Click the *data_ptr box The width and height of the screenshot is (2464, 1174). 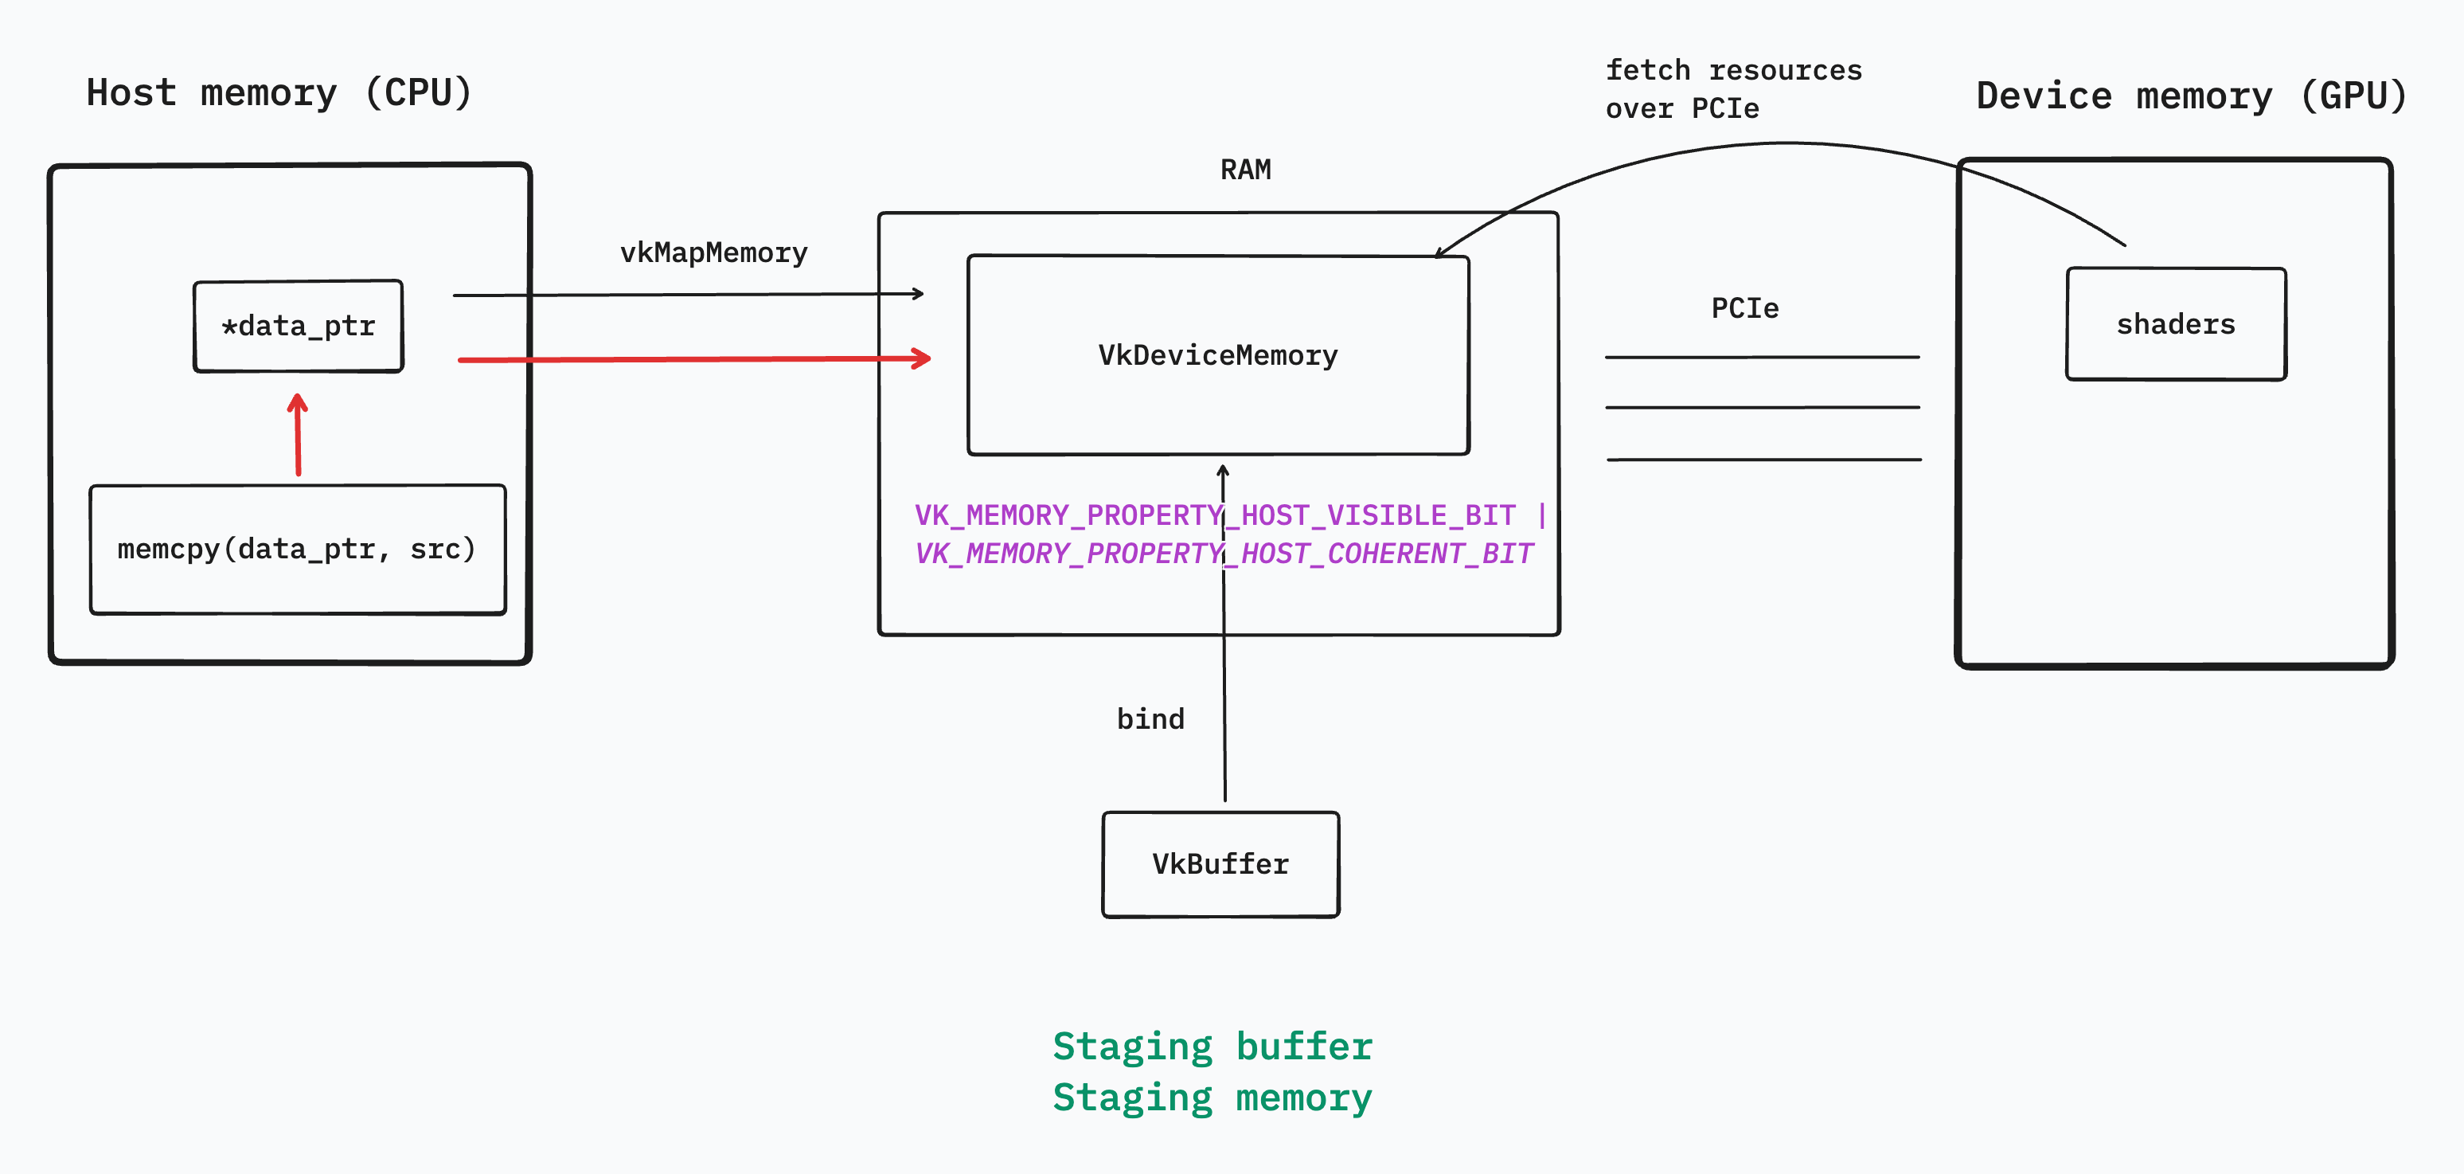coord(299,327)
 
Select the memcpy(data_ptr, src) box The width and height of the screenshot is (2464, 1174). coord(298,550)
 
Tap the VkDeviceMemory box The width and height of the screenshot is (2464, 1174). coord(1217,355)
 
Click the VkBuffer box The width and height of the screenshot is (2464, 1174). coord(1220,864)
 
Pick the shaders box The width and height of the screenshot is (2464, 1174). coord(2176,324)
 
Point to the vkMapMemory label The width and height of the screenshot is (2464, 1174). coord(713,252)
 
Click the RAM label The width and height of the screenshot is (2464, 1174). coord(1245,170)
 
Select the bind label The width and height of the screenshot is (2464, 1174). coord(1150,718)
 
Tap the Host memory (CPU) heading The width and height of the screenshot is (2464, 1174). coord(279,93)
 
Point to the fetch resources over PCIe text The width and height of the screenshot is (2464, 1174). coord(1733,89)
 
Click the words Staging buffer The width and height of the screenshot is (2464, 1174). coord(1212,1046)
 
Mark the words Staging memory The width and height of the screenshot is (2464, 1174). coord(1212,1098)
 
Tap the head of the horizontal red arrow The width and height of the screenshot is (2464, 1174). coord(923,358)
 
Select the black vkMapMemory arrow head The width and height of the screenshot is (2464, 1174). coord(918,294)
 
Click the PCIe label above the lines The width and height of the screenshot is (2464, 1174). coord(1744,308)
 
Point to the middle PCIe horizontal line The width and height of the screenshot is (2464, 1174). coord(1763,408)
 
